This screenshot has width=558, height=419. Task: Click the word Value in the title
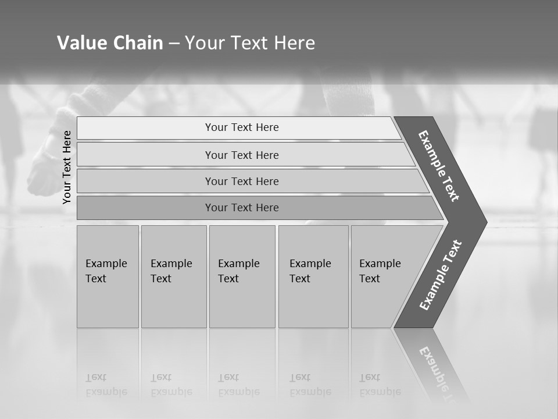click(81, 43)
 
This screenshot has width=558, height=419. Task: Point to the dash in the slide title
click(174, 44)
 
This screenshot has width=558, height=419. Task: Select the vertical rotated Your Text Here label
click(67, 167)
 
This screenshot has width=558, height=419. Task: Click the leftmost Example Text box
click(108, 276)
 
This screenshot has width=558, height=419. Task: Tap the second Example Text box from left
click(174, 276)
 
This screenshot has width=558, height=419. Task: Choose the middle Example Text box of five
click(242, 276)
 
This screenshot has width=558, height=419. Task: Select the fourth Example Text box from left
click(313, 276)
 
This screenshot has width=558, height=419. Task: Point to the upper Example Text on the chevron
click(439, 166)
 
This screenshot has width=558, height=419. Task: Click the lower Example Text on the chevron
click(441, 275)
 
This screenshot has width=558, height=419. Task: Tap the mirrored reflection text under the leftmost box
click(106, 385)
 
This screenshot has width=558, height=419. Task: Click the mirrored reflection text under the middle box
click(238, 385)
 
